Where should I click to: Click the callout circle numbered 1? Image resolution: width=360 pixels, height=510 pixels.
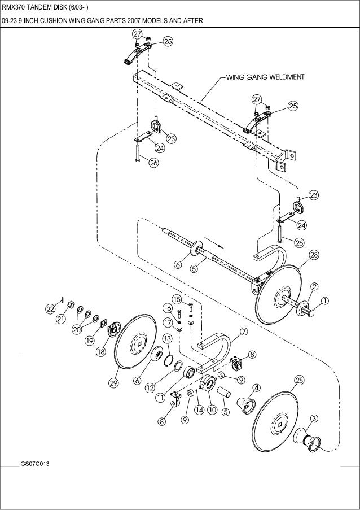(325, 301)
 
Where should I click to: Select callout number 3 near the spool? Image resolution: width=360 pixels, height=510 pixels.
(314, 419)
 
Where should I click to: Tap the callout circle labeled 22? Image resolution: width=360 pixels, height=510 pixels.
(50, 310)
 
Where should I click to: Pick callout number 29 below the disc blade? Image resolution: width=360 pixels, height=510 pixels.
(113, 383)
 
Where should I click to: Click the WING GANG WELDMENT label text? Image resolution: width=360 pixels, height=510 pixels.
(265, 77)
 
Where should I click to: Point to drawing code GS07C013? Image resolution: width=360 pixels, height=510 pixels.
(35, 464)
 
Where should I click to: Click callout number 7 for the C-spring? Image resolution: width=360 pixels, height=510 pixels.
(244, 332)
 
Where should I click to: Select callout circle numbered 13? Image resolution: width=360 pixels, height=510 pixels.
(166, 339)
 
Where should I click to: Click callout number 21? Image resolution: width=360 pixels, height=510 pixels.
(61, 319)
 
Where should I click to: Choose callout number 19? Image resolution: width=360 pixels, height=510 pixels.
(90, 341)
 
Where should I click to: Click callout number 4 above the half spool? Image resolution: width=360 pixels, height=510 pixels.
(257, 387)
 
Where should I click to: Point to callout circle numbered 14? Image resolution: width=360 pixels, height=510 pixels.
(200, 410)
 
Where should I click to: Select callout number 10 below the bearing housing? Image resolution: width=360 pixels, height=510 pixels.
(212, 409)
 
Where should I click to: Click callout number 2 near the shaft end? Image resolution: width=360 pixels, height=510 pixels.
(314, 286)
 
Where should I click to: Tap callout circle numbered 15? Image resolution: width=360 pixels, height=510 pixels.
(177, 299)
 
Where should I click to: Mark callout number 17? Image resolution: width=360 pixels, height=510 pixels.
(168, 322)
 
